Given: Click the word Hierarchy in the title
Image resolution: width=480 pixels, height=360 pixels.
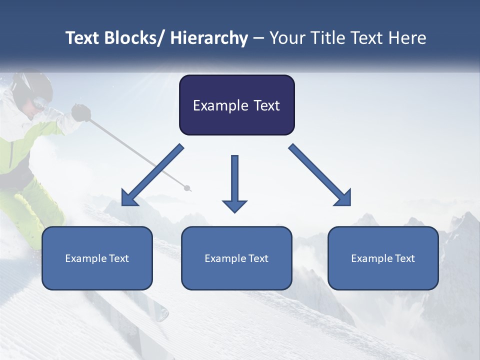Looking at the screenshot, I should click(x=209, y=38).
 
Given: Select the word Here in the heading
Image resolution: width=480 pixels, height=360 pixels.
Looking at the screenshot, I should click(x=408, y=38).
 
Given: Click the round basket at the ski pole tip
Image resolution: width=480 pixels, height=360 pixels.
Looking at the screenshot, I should click(x=187, y=188).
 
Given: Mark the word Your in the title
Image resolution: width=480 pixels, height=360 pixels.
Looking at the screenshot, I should click(x=286, y=38).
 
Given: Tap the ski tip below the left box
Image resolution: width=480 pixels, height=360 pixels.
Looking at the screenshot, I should click(x=160, y=312).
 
